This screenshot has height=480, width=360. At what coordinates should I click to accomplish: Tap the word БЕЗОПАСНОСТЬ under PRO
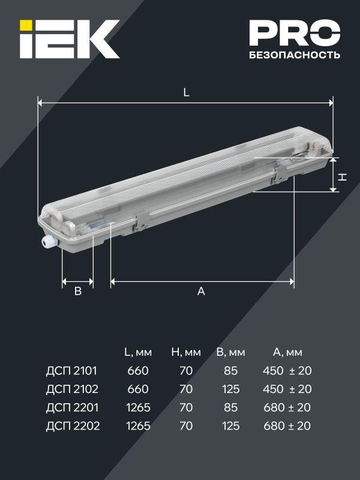tap(294, 55)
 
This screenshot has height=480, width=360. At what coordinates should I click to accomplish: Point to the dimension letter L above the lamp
tap(187, 93)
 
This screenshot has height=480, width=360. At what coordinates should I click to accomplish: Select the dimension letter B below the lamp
tap(77, 292)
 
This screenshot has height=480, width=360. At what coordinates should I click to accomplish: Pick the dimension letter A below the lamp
tap(202, 292)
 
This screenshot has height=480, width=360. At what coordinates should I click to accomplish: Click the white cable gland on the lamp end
tap(47, 241)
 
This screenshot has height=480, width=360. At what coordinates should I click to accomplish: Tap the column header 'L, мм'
tap(137, 352)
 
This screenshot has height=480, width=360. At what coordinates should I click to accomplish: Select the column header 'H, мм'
tap(185, 352)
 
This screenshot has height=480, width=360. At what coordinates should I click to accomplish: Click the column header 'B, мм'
tap(231, 352)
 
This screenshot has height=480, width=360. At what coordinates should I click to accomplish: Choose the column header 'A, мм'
tap(287, 352)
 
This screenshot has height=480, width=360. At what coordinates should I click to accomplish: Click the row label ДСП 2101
tap(71, 371)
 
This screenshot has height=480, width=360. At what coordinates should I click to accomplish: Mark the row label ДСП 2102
tap(71, 389)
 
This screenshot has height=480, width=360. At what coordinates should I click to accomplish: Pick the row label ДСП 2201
tap(71, 408)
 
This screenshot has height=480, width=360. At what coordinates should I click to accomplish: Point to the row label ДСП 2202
tap(71, 427)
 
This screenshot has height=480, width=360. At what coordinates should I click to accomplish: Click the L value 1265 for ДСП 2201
tap(138, 408)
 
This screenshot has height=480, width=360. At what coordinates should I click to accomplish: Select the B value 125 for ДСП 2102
tap(230, 389)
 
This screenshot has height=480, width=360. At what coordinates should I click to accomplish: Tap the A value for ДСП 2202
tap(287, 427)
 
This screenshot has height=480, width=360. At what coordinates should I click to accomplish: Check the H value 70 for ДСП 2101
tap(186, 371)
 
